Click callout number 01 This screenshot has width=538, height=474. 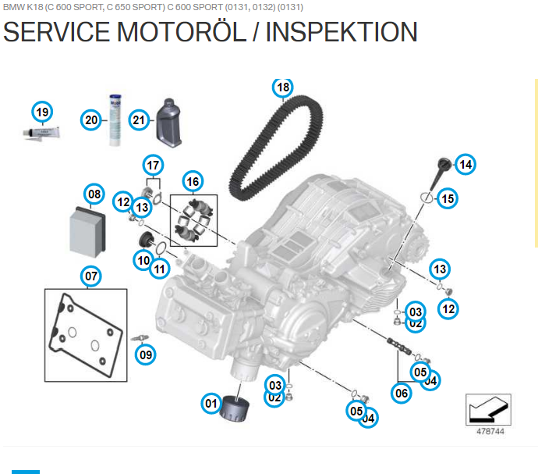[x=211, y=403]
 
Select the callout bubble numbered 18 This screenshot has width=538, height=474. [x=282, y=87]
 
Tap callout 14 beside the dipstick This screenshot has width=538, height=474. [x=465, y=164]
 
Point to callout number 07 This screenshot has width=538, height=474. [x=91, y=276]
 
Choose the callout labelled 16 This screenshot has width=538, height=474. [x=192, y=181]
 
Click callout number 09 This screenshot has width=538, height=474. [x=146, y=355]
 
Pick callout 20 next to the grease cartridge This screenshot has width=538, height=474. [x=92, y=119]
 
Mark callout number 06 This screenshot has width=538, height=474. [x=402, y=393]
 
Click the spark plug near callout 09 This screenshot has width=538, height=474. [x=140, y=337]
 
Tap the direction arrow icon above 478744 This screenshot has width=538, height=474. [x=487, y=408]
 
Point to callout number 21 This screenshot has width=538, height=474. [x=139, y=119]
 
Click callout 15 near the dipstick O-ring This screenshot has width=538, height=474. [x=447, y=198]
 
